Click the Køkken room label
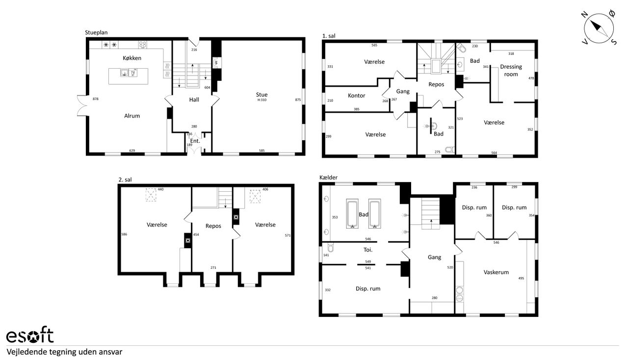coord(132,58)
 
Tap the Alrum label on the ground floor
coord(132,116)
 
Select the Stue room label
coord(262,95)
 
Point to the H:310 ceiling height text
coord(262,100)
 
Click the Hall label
coord(194,100)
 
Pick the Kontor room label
coord(356,96)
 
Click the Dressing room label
coord(511,70)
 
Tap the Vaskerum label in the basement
coord(496,272)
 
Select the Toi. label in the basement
coord(368,250)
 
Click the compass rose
coord(599,28)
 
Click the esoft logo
coord(30,335)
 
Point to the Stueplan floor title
coord(96,32)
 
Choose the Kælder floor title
coord(328,178)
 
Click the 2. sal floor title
coord(125,180)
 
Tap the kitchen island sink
coord(124,73)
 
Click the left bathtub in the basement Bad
coord(352,214)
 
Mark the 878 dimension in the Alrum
coord(96,99)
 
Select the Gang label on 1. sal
coord(403,91)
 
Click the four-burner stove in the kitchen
coord(142,45)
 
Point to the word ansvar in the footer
coord(111,352)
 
